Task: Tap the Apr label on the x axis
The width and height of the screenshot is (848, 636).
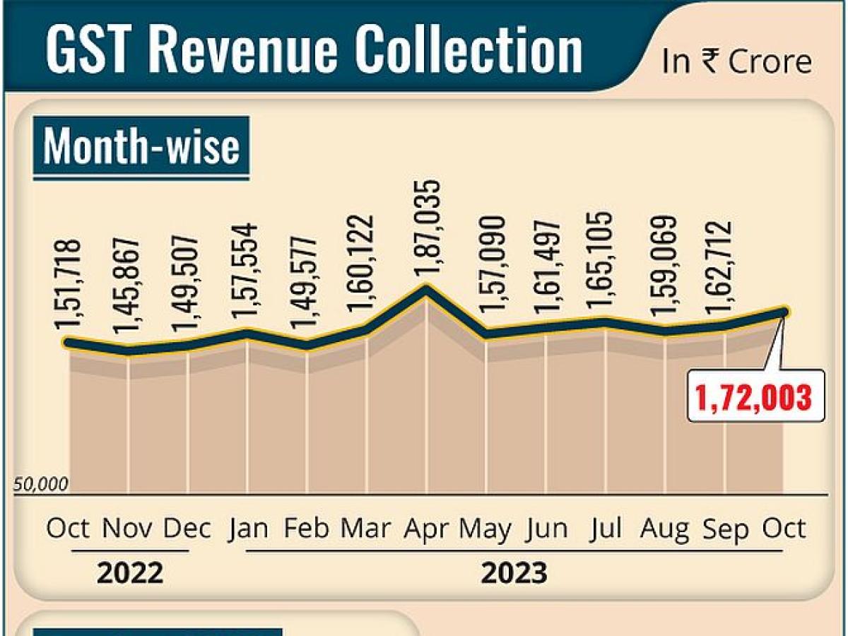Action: click(427, 529)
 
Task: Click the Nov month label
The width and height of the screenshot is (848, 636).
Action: click(128, 529)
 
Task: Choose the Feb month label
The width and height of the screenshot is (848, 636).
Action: click(306, 529)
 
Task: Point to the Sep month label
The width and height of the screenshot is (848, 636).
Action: click(725, 529)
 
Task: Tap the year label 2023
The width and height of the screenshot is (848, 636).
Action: click(514, 573)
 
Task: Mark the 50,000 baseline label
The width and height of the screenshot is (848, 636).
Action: click(41, 485)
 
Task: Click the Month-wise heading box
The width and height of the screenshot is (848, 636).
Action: click(141, 148)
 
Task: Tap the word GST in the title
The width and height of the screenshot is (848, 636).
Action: click(92, 51)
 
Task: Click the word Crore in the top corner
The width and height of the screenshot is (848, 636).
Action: click(770, 62)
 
